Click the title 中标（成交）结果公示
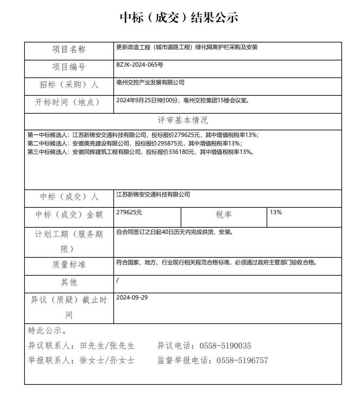point(179,17)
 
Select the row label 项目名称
point(69,49)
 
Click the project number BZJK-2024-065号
point(139,65)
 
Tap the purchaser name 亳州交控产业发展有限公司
point(150,82)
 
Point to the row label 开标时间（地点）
point(67,102)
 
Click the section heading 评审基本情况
point(183,120)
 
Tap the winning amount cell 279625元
point(129,212)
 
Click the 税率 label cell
point(224,215)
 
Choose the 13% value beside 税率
point(276,212)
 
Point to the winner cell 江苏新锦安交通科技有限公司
point(153,194)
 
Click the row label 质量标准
point(69,264)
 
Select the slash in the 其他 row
point(118,280)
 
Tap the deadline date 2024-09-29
point(132,298)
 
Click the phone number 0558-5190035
point(225,346)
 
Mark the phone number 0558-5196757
point(242,360)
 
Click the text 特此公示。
point(48,331)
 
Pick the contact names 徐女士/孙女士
point(107,360)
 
